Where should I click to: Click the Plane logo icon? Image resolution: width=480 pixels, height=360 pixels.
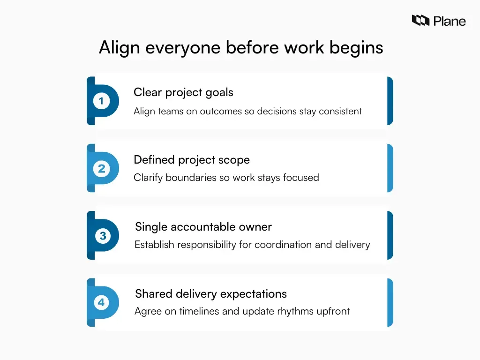click(x=420, y=20)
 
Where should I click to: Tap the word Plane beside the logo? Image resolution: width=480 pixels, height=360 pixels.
click(x=450, y=21)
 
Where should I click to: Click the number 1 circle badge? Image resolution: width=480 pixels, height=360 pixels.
click(x=101, y=101)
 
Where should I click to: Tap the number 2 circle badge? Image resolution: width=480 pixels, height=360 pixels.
click(x=101, y=168)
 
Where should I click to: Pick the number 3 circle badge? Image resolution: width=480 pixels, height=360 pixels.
click(x=102, y=236)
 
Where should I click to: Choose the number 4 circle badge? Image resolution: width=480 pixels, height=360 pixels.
click(x=101, y=303)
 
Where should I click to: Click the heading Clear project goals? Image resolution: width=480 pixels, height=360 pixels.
click(x=183, y=92)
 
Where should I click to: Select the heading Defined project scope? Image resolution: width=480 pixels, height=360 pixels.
click(x=191, y=160)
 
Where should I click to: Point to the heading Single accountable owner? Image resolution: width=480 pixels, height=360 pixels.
click(x=203, y=227)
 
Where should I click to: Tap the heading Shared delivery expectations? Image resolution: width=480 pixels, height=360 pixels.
click(x=210, y=294)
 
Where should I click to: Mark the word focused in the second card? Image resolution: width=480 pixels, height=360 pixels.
click(x=300, y=178)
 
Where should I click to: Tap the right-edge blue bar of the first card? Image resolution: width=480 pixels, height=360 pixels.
click(x=390, y=101)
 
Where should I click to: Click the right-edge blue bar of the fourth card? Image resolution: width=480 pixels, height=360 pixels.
click(x=390, y=303)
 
